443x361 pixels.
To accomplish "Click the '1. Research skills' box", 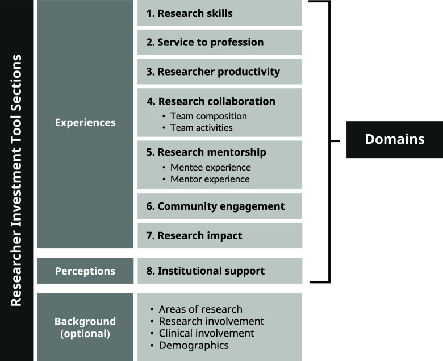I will pyautogui.click(x=219, y=13).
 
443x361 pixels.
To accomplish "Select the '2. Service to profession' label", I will pyautogui.click(x=219, y=43).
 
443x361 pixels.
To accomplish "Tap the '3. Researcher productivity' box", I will pyautogui.click(x=219, y=72).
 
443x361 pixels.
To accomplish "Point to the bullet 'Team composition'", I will pyautogui.click(x=208, y=116).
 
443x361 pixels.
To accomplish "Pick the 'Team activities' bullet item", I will pyautogui.click(x=202, y=128).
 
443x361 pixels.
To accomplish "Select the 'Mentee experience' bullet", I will pyautogui.click(x=210, y=168).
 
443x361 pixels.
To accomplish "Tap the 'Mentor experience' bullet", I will pyautogui.click(x=210, y=180).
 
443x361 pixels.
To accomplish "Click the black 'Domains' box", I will pyautogui.click(x=394, y=139).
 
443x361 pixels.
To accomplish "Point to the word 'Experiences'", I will pyautogui.click(x=85, y=122).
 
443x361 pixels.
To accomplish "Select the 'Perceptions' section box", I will pyautogui.click(x=85, y=271).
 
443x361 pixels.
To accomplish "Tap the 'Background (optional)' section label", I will pyautogui.click(x=85, y=327).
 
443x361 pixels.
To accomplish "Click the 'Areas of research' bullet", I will pyautogui.click(x=200, y=309).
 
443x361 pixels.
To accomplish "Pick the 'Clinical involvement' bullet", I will pyautogui.click(x=206, y=333).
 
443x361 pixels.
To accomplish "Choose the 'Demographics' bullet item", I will pyautogui.click(x=194, y=345).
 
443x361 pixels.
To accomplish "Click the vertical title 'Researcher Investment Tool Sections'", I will pyautogui.click(x=16, y=180).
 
